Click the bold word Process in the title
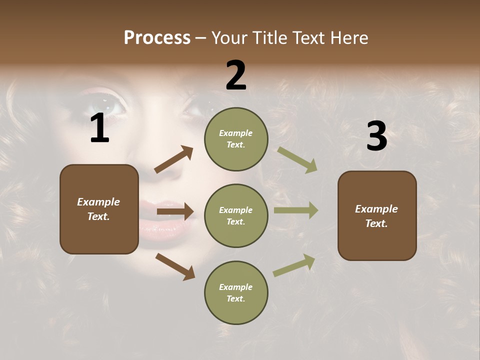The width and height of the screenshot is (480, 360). [x=157, y=37]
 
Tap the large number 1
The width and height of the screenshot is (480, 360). [x=99, y=128]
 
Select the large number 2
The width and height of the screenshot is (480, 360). [x=236, y=75]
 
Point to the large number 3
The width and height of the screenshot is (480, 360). [x=376, y=136]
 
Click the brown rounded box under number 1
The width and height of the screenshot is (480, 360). [x=99, y=209]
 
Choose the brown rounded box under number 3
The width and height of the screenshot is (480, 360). [x=377, y=215]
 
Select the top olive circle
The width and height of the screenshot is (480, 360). [x=236, y=139]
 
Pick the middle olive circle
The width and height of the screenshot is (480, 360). [x=236, y=215]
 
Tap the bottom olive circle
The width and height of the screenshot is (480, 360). [x=236, y=292]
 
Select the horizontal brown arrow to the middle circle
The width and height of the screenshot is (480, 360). [x=175, y=211]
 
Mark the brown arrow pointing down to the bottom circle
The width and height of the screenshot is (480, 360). [x=175, y=266]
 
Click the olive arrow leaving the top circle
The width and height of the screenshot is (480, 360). [x=297, y=160]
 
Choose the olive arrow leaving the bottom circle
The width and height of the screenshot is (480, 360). [x=294, y=265]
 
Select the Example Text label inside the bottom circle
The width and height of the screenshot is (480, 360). [x=236, y=292]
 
